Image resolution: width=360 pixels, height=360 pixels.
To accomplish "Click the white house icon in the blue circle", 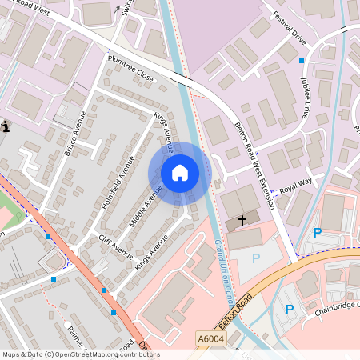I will [179, 173].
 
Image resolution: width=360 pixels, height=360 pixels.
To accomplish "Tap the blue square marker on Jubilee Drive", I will [302, 61].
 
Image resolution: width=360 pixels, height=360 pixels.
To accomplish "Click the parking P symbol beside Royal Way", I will [317, 233].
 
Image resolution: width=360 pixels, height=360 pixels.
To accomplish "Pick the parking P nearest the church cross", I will [256, 258].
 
